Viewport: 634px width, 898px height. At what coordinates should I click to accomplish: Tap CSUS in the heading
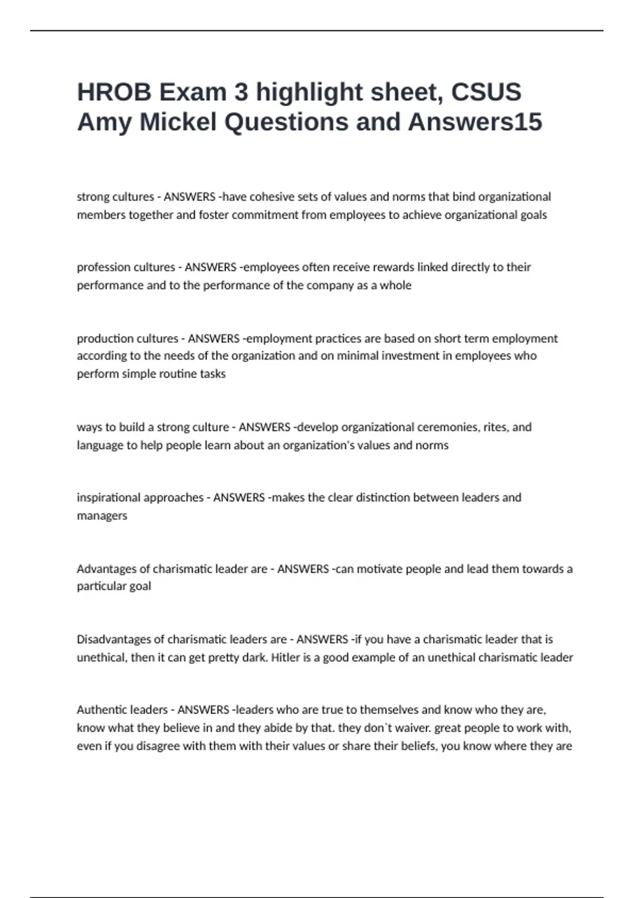[x=486, y=92]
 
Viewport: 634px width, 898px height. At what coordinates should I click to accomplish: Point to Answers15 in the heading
[x=475, y=123]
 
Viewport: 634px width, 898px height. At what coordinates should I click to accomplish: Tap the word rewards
[x=394, y=267]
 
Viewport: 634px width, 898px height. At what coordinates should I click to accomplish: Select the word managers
[x=102, y=516]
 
